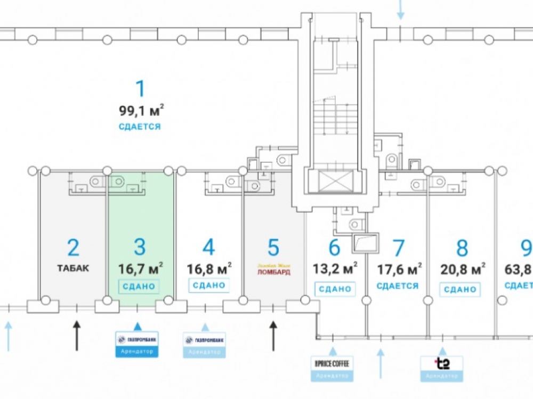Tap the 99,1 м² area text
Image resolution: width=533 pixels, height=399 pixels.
click(x=141, y=111)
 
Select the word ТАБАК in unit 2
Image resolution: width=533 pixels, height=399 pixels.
click(x=73, y=268)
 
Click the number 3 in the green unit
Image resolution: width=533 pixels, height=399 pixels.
click(x=140, y=247)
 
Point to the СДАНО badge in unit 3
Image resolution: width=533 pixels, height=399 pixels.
click(x=140, y=286)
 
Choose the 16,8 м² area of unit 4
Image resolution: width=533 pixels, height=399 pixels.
click(x=209, y=267)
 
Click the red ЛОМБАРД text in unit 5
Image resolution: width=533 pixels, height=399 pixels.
click(x=273, y=271)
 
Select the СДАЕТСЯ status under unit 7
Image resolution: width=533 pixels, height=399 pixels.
click(x=397, y=286)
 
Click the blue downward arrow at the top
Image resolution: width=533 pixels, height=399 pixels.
click(x=401, y=10)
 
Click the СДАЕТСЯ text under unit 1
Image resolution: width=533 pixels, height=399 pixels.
click(x=140, y=127)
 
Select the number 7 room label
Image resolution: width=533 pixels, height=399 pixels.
click(x=398, y=248)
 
